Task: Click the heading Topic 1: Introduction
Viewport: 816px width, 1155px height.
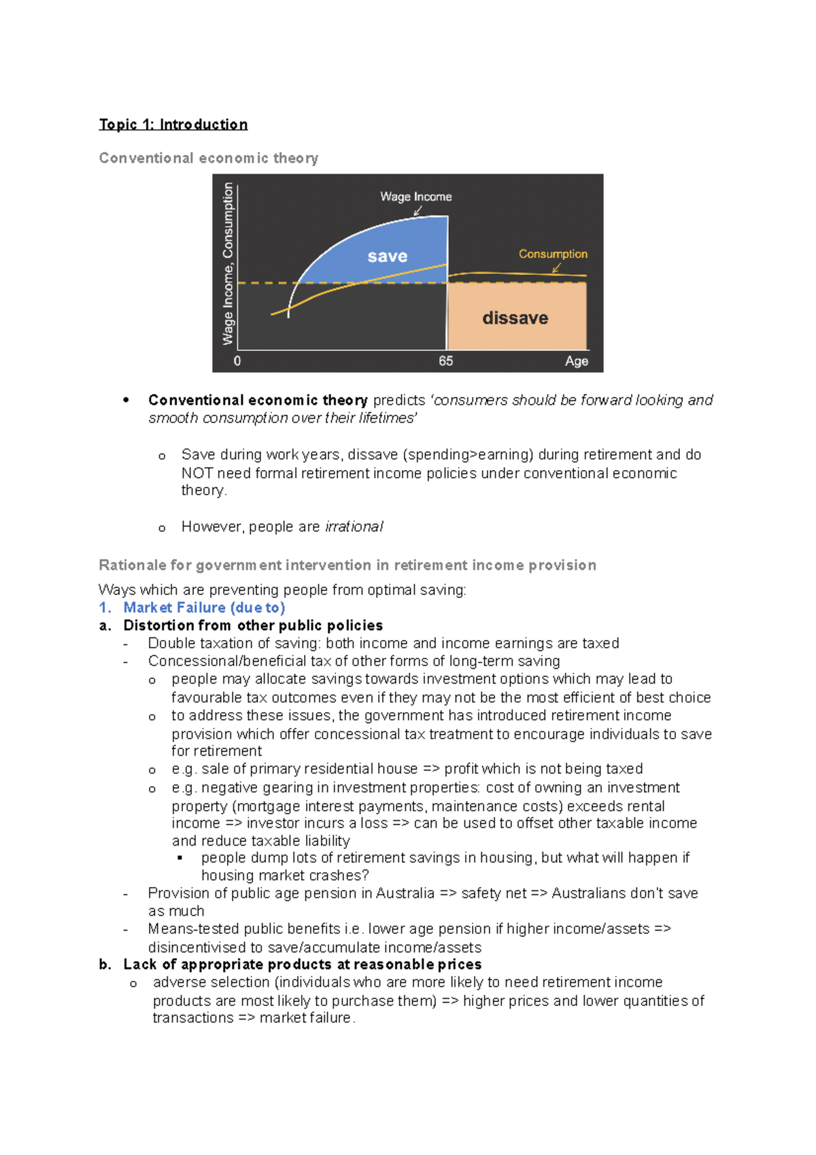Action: (x=173, y=124)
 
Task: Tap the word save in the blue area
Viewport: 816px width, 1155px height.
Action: (x=387, y=256)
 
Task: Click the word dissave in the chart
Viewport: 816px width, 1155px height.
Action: (x=515, y=318)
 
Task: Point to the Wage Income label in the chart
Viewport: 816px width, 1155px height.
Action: (x=415, y=197)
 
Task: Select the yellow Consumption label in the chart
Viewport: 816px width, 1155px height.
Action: (x=552, y=254)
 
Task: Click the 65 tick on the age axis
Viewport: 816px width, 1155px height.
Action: (x=445, y=361)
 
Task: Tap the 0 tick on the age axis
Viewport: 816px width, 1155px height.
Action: (x=237, y=361)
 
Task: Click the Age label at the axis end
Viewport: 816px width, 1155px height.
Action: (x=576, y=361)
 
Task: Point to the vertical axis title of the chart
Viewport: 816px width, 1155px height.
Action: (x=228, y=264)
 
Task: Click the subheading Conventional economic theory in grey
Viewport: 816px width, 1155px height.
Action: (x=208, y=158)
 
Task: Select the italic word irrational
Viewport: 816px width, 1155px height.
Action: (x=354, y=526)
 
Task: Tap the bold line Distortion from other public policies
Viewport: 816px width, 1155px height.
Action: (x=253, y=625)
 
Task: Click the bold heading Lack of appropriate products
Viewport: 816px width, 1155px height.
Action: (x=302, y=964)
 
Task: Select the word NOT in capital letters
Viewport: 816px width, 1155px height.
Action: (x=197, y=473)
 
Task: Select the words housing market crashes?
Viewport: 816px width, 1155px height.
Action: (x=285, y=875)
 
